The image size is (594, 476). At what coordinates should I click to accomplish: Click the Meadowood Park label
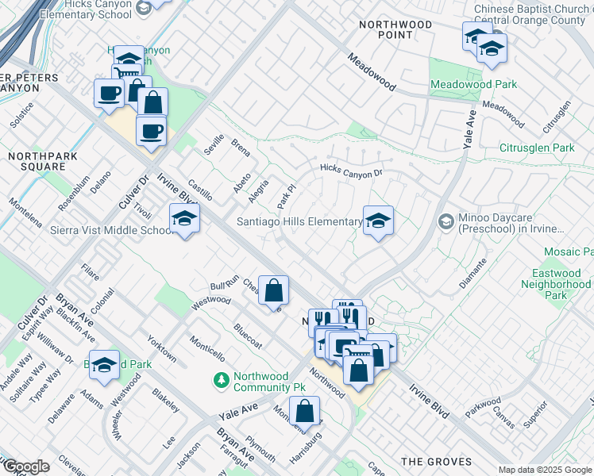473,85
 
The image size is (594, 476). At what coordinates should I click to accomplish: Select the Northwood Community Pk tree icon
222,381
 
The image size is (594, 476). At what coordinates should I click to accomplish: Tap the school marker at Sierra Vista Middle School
183,220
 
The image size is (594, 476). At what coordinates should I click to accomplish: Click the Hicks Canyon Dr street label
351,170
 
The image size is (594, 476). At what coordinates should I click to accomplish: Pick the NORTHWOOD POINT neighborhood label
395,30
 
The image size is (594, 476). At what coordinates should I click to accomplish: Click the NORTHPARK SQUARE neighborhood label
43,161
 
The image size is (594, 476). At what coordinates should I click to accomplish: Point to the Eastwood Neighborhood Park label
561,284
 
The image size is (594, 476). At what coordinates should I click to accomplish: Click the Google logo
25,466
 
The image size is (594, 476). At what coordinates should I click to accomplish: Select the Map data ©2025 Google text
544,470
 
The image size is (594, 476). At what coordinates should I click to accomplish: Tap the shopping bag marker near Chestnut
273,291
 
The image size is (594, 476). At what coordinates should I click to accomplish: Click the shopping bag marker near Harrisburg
304,412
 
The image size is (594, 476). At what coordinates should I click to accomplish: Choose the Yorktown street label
162,347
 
